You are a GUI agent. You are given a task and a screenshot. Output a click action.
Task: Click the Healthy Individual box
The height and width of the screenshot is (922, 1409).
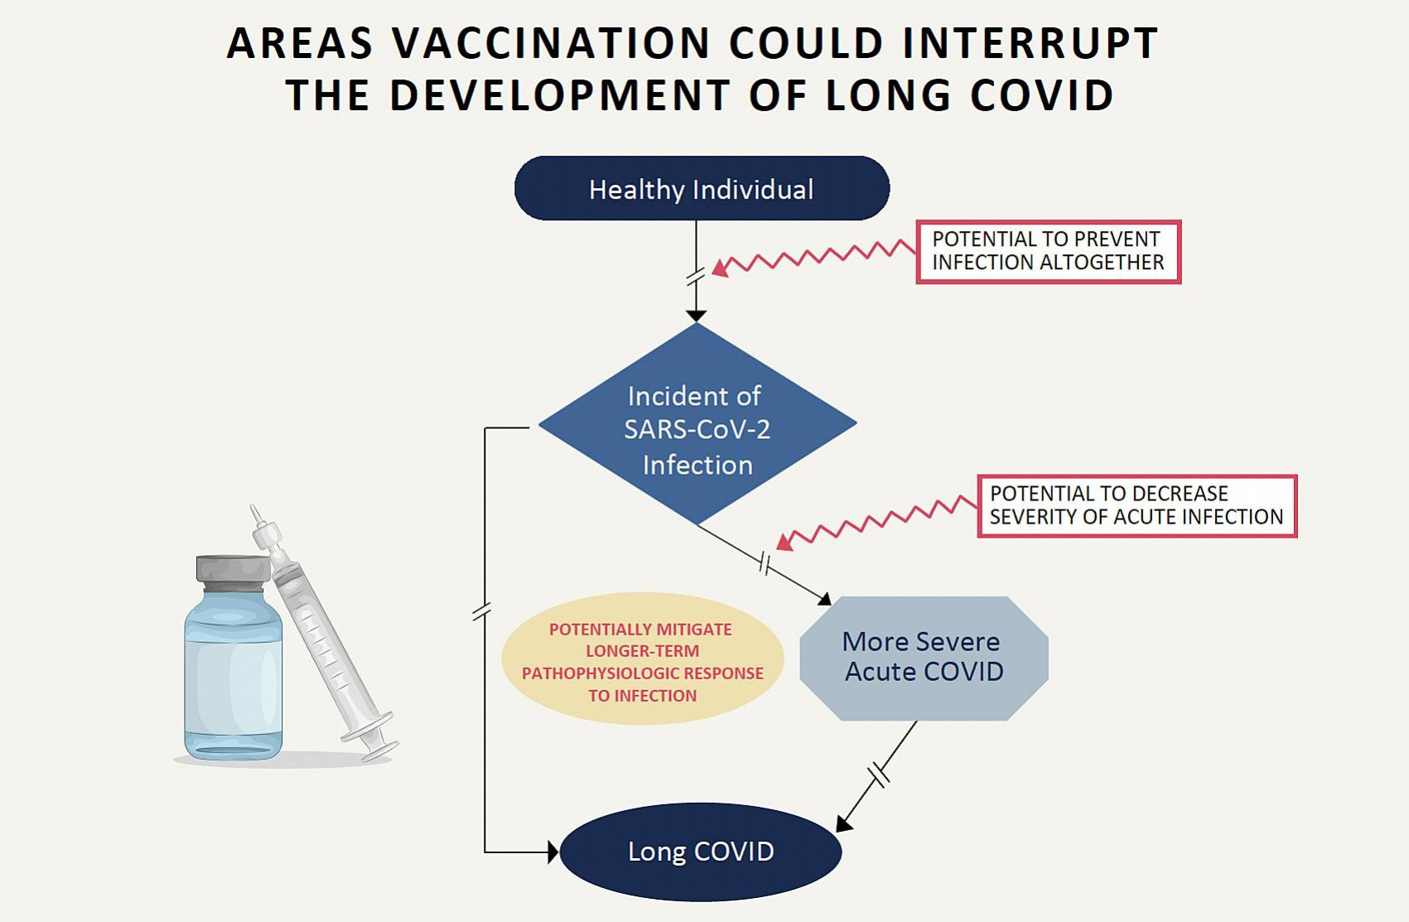pos(702,189)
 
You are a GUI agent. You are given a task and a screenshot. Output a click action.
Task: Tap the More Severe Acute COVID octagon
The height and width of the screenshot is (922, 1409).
pos(924,658)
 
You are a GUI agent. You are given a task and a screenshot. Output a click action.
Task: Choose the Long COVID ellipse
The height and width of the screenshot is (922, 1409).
pos(701,852)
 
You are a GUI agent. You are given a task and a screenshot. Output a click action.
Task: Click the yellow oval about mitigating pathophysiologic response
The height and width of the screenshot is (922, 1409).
pos(643,660)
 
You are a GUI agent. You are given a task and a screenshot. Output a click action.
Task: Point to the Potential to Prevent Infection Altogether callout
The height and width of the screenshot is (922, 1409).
pos(1048,252)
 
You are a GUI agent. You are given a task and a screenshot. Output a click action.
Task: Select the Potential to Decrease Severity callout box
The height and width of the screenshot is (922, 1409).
pos(1136,506)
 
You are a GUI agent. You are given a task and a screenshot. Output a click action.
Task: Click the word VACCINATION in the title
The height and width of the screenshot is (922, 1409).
pos(552,44)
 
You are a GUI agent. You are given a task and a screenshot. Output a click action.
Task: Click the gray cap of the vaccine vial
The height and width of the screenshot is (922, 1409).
pos(233,570)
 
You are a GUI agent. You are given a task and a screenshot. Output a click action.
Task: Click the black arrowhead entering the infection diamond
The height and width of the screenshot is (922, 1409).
pos(696,316)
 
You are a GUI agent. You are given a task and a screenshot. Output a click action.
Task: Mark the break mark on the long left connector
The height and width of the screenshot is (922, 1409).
pos(482,612)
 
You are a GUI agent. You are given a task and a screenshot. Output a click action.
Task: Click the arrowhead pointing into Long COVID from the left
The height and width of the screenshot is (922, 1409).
pos(553,852)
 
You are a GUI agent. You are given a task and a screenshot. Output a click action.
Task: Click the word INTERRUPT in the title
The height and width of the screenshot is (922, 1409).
pos(1030,44)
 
